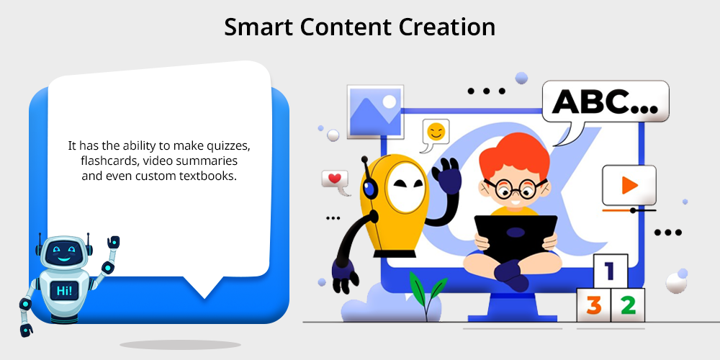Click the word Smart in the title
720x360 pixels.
click(258, 27)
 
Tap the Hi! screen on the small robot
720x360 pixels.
click(64, 291)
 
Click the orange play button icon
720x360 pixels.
click(629, 185)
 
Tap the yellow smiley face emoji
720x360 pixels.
click(436, 132)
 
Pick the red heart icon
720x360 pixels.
click(334, 178)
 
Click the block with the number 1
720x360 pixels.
click(611, 271)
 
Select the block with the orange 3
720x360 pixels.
click(593, 305)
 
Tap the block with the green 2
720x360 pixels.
click(628, 305)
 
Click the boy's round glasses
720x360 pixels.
click(516, 188)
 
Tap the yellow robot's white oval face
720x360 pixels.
click(404, 187)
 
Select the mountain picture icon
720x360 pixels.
click(375, 112)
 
